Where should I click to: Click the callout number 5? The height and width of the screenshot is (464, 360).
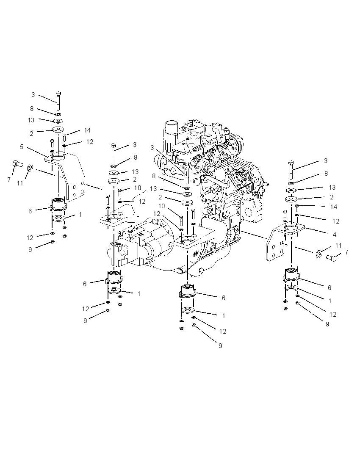pos(22,147)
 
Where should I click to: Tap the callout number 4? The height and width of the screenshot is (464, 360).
pos(335,235)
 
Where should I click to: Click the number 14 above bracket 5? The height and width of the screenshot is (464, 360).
pos(87,130)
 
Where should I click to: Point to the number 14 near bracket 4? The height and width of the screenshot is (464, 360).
pos(334,207)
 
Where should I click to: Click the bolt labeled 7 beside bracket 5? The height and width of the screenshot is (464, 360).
pos(18,163)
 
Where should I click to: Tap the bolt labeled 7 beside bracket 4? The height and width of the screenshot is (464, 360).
pos(331,258)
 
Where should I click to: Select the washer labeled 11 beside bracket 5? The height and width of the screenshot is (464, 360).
pos(30,168)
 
